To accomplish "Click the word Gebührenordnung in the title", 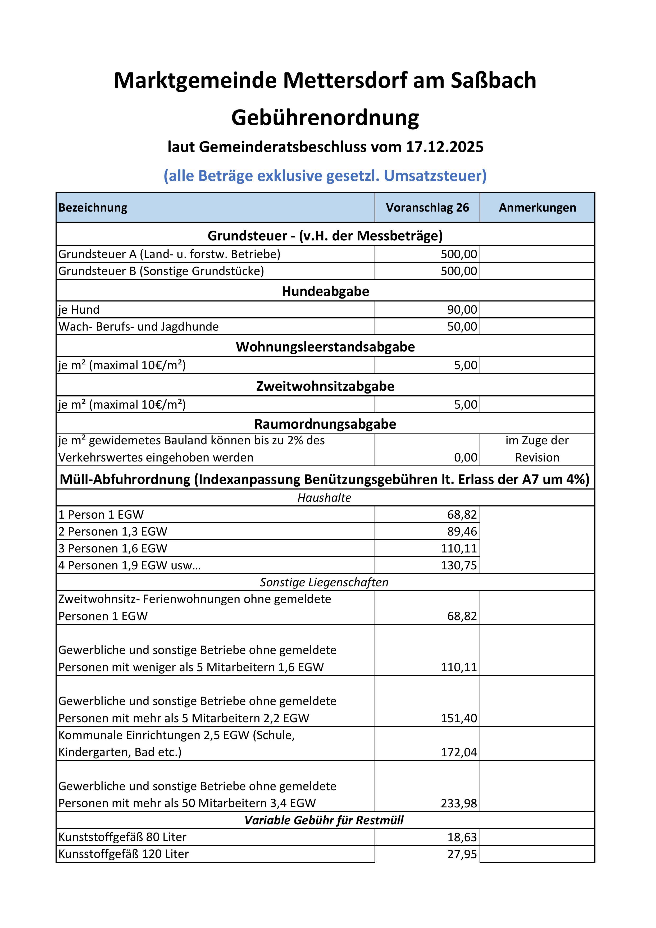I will click(325, 118).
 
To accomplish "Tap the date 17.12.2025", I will click(445, 147).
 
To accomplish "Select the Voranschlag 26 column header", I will click(427, 208).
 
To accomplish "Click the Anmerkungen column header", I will click(537, 208).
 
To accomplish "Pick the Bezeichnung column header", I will click(93, 208).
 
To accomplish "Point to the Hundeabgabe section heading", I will click(325, 291).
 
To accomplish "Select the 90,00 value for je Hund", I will click(462, 310).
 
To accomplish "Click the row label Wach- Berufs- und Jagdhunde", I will click(138, 327).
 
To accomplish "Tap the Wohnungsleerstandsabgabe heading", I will click(325, 347).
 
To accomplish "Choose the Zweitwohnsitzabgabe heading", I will click(325, 386).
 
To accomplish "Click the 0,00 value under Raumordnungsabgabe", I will click(466, 458).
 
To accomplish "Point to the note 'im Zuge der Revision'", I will click(537, 449).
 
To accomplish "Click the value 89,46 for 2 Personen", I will click(462, 532).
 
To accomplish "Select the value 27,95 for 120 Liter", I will click(462, 854).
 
